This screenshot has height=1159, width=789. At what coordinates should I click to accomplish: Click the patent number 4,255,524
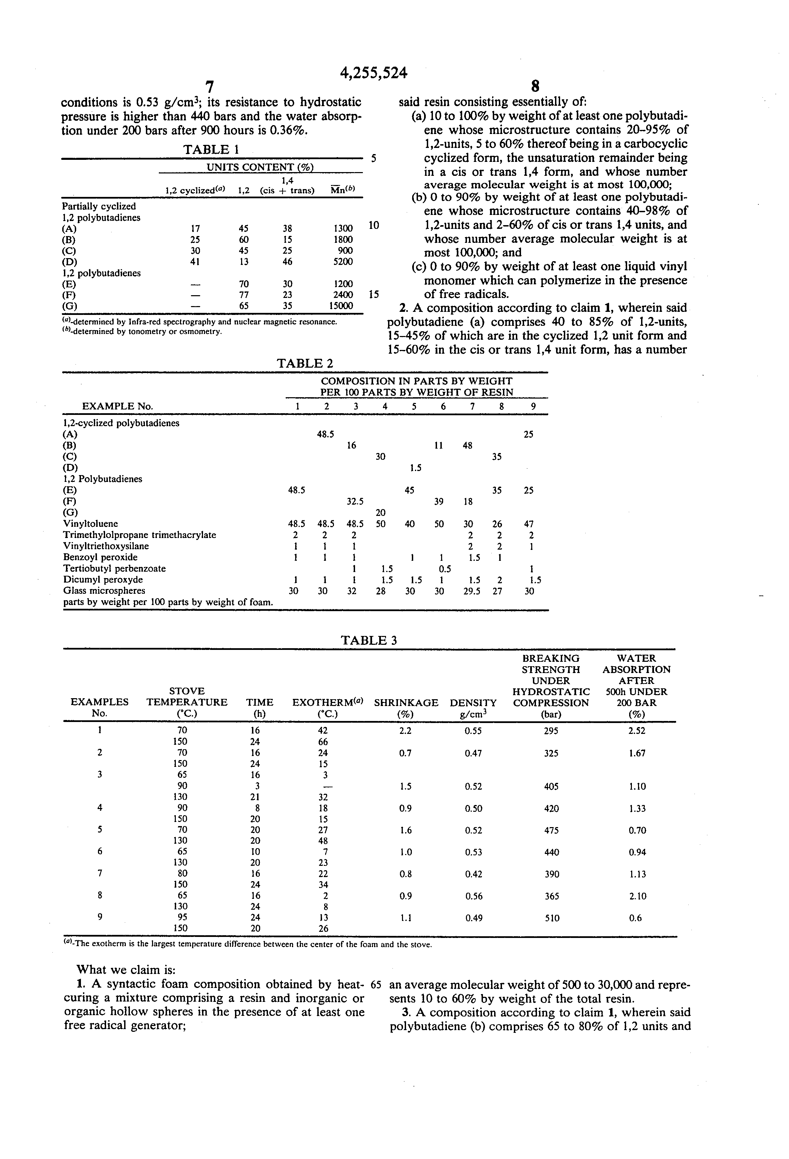(x=373, y=73)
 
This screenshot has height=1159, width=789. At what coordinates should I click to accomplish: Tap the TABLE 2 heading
(x=305, y=363)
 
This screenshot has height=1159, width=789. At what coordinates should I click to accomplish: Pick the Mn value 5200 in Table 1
(x=342, y=261)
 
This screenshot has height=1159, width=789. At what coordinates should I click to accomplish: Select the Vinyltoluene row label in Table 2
(x=91, y=524)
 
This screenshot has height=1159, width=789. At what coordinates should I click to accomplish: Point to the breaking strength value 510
(x=552, y=918)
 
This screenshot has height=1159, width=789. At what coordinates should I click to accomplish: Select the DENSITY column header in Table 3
(x=473, y=703)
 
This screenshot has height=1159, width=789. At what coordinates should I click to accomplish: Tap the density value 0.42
(x=473, y=874)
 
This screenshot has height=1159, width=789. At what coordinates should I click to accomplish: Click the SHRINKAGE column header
(x=406, y=703)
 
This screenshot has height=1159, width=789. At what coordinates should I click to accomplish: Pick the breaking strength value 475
(x=551, y=830)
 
